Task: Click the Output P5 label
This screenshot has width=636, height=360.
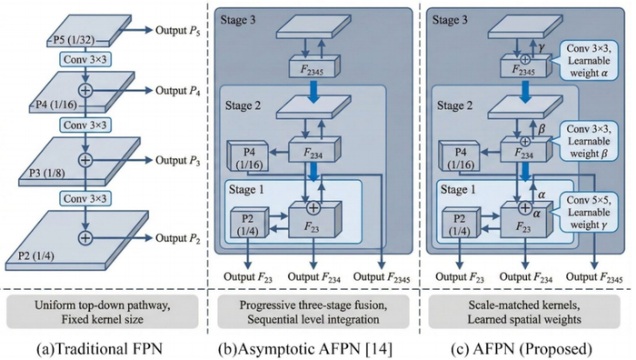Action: [178, 30]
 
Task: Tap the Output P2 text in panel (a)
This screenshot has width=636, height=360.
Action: [178, 238]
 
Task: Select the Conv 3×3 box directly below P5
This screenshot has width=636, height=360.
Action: [85, 60]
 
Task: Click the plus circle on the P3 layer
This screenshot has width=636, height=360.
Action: [85, 160]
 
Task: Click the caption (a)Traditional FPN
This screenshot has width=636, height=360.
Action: [99, 348]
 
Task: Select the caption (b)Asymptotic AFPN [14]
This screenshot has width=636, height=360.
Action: [305, 348]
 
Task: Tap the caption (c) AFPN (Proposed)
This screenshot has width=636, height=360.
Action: [522, 348]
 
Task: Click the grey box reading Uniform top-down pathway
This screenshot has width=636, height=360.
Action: [102, 312]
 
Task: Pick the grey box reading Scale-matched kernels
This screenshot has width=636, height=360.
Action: [524, 312]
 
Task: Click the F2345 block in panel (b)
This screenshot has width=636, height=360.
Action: [314, 66]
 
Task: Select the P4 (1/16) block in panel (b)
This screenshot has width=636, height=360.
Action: [248, 156]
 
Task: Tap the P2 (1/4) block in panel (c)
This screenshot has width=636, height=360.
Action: [460, 223]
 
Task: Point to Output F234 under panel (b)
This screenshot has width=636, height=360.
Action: [314, 277]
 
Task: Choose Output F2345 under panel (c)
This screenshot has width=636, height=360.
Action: [594, 277]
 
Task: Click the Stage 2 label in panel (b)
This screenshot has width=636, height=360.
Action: [243, 106]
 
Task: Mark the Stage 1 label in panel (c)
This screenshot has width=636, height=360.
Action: [458, 189]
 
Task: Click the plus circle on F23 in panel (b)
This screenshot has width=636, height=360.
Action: [313, 208]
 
